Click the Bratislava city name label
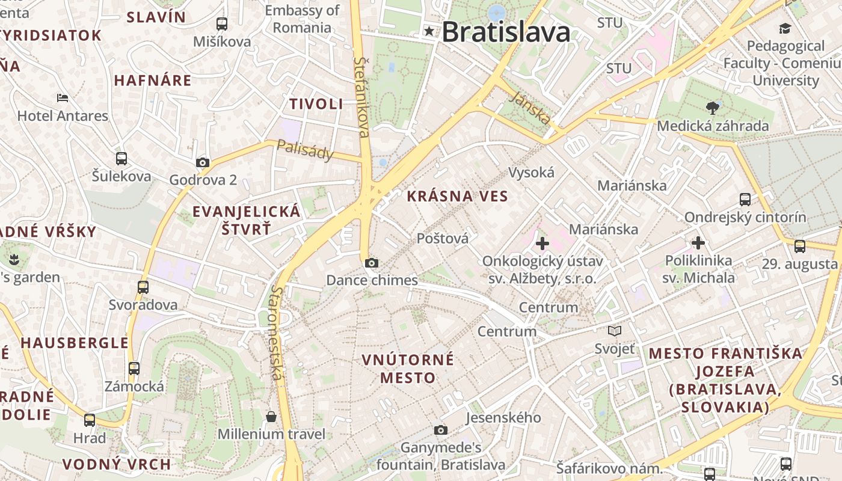pos(506,32)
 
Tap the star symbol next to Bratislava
pos(429,31)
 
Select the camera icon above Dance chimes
pos(372,263)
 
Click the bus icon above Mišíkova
pos(222,24)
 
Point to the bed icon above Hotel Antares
pos(63,97)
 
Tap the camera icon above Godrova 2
pos(203,162)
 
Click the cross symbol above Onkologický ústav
pos(542,244)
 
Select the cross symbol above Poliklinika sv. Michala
pos(698,243)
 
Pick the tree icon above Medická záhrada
pos(713,108)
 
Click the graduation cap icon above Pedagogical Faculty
pos(785,28)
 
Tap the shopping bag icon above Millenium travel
pos(271,416)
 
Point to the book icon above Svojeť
pos(614,331)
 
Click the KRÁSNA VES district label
pos(457,196)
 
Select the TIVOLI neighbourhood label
pos(316,104)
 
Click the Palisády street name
pos(305,150)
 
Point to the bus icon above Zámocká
pos(134,368)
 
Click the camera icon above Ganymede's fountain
pos(441,430)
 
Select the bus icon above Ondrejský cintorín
pos(745,200)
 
